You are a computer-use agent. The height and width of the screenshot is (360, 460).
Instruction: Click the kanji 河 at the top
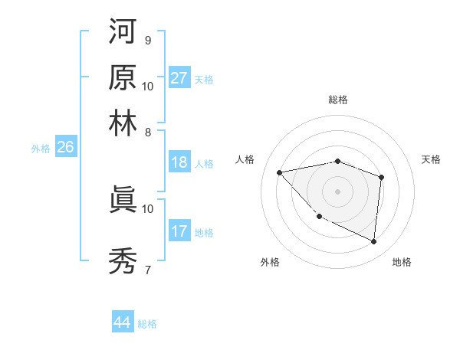point(123,33)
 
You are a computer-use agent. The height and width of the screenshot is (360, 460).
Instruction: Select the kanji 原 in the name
point(123,77)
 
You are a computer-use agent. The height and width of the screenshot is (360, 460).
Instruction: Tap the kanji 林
point(123,122)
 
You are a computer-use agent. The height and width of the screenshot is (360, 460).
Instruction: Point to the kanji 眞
point(123,199)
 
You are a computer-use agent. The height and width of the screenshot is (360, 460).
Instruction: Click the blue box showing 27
point(179,78)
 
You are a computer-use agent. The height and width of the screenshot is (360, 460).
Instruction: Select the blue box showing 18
point(179,162)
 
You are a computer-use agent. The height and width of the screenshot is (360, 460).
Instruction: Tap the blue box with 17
point(179,231)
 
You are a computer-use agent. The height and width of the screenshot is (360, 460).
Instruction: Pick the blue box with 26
point(65,148)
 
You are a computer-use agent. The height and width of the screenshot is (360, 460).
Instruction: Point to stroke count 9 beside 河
point(147,40)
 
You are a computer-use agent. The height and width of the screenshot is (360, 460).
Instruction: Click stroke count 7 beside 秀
point(147,270)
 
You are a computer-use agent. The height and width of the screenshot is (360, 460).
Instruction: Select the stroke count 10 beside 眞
point(148,208)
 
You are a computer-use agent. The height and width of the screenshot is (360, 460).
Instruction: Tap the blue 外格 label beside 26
point(40,149)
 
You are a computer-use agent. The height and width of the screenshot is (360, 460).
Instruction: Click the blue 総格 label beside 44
point(147,324)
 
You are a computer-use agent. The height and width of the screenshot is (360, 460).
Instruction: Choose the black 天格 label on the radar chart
point(431,159)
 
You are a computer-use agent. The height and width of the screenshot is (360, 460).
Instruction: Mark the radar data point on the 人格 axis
point(279,172)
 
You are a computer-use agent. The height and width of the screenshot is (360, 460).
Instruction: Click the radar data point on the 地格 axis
point(373,242)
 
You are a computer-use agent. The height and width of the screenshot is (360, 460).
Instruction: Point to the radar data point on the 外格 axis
point(320,217)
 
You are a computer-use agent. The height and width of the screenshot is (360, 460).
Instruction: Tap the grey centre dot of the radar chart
point(337,191)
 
